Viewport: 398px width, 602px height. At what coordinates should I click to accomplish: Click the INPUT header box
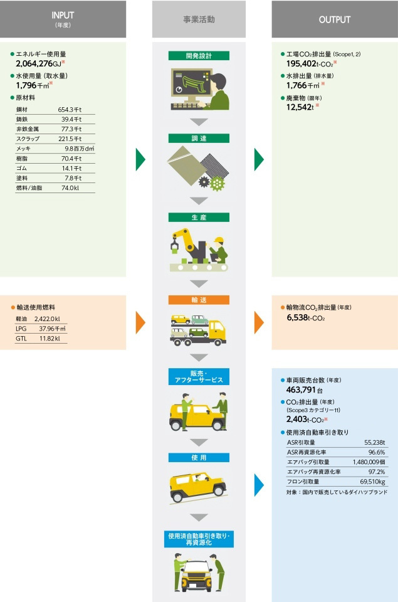pos(63,19)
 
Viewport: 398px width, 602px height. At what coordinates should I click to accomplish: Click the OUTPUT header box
pos(334,19)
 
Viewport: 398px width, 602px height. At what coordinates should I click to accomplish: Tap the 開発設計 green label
pos(199,56)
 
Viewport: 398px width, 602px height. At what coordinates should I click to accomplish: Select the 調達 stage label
pos(199,137)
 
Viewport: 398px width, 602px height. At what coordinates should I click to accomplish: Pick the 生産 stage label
pos(199,218)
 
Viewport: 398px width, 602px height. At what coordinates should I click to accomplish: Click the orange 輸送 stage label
pos(199,300)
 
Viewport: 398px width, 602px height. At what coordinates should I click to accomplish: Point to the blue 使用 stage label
pos(199,457)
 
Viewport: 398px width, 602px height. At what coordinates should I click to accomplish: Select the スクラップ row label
pos(28,139)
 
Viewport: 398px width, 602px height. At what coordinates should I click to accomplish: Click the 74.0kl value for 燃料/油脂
pos(70,187)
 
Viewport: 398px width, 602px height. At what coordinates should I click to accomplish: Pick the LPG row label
pos(21,329)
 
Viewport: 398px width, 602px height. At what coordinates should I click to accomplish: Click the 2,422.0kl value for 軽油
pos(47,319)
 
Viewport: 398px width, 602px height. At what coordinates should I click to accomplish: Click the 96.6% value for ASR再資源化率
pos(376,452)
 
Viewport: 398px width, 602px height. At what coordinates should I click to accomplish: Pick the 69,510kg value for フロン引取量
pos(372,482)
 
